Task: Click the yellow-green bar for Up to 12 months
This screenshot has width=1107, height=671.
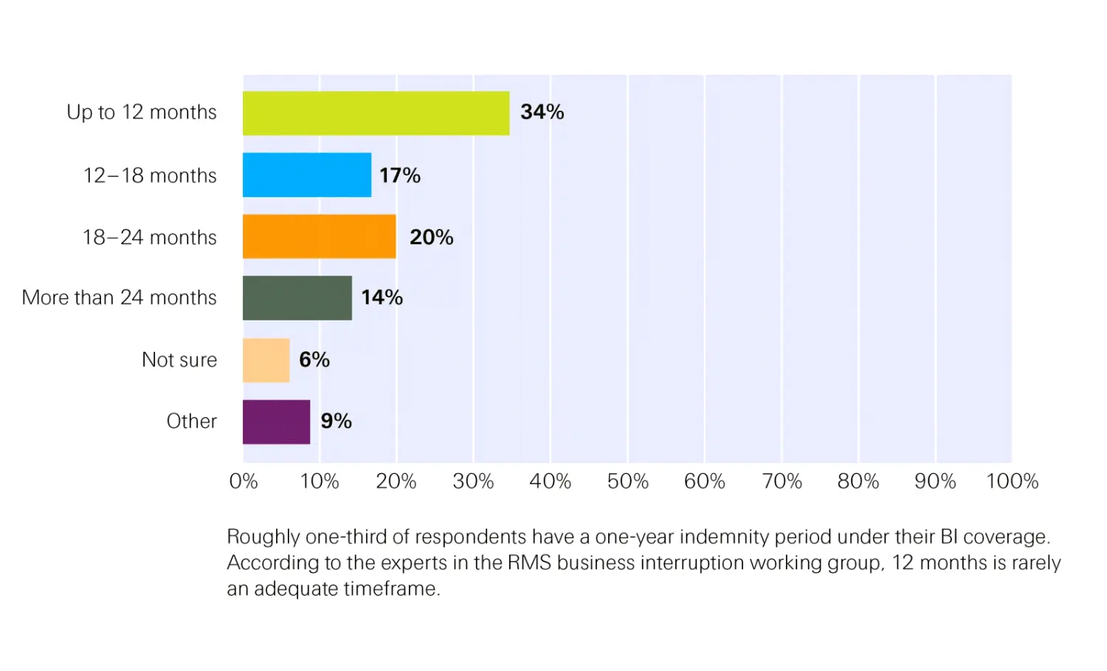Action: coord(376,113)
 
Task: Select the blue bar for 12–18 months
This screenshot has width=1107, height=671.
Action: coord(307,175)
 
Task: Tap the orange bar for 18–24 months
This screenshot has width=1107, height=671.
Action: coord(319,236)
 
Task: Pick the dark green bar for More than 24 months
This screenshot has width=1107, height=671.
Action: coord(297,298)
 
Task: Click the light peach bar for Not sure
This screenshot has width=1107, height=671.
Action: coord(266,360)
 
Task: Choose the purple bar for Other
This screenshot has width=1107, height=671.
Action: coord(277,421)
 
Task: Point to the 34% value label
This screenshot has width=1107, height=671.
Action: coord(542,112)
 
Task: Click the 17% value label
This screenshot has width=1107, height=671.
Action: coord(399,176)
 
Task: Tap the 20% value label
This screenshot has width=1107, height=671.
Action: coord(431,237)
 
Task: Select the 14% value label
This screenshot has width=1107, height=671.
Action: coord(382,297)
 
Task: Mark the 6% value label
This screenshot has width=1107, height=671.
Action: coord(314,359)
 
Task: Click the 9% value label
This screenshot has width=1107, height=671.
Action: coord(336,421)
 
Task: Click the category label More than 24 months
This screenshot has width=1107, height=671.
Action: coord(120,297)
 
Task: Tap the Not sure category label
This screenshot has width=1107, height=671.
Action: coord(179,359)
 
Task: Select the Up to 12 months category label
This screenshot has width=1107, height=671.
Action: coord(142,112)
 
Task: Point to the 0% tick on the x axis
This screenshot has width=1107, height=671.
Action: coord(244,481)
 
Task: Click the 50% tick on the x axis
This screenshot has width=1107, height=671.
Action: coord(627,481)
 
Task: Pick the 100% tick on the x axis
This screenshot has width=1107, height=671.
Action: coord(1012,481)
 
